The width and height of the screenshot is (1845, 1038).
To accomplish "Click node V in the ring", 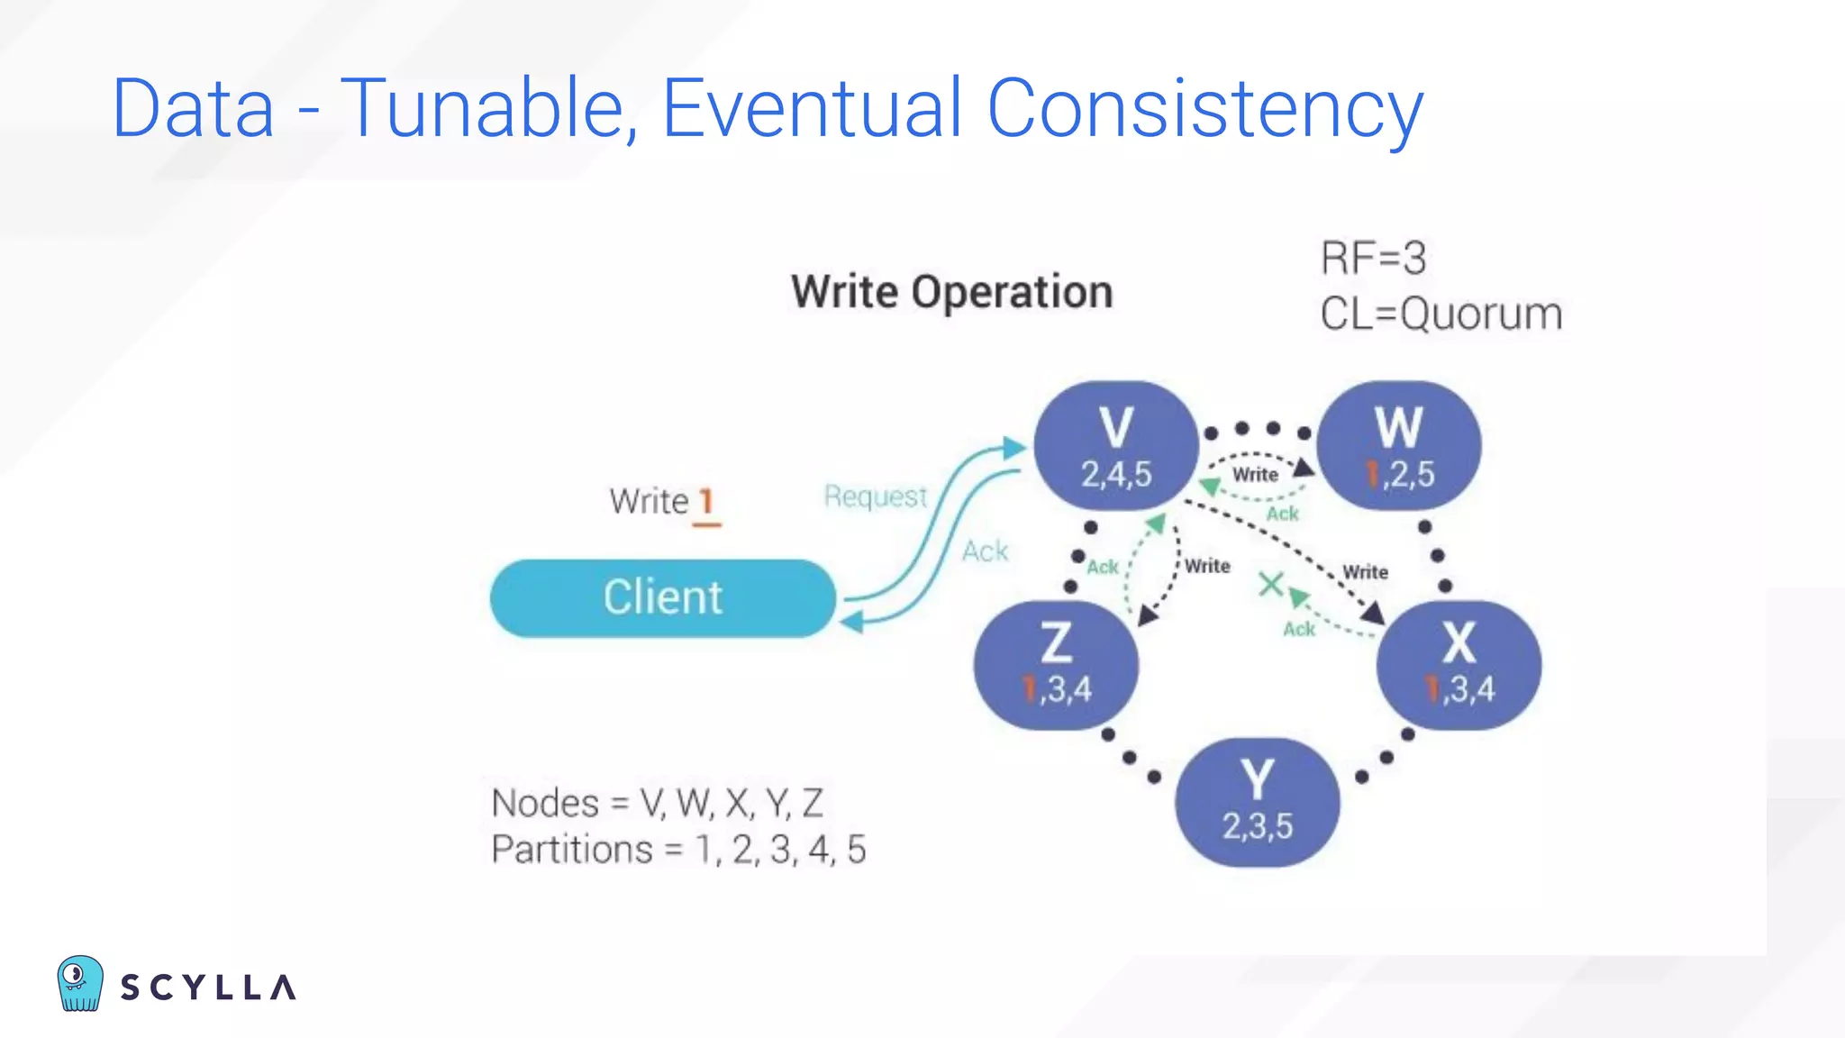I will click(x=1115, y=445).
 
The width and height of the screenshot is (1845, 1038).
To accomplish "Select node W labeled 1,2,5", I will click(x=1398, y=445).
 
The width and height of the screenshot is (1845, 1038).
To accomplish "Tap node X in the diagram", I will click(x=1459, y=664).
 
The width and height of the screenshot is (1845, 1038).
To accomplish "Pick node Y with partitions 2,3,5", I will click(x=1257, y=802).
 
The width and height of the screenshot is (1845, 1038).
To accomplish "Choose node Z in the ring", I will click(x=1056, y=664).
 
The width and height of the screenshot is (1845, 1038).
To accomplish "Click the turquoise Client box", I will click(x=662, y=597).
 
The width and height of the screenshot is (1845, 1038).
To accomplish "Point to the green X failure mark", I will click(x=1270, y=585).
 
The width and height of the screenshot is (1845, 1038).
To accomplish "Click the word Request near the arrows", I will click(x=875, y=496).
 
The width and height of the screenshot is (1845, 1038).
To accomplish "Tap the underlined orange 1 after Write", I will click(x=706, y=502).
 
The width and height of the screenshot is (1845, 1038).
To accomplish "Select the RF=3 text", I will click(x=1373, y=259).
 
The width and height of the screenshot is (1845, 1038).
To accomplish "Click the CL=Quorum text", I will click(x=1441, y=314).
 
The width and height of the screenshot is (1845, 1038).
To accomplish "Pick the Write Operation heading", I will click(x=951, y=292).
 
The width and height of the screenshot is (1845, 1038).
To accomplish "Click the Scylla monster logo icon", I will click(x=79, y=984).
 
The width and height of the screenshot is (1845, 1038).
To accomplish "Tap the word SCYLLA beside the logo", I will click(x=208, y=988).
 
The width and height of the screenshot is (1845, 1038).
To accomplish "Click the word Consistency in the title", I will click(x=1204, y=108).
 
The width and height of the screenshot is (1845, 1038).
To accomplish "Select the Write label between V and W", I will click(x=1255, y=475).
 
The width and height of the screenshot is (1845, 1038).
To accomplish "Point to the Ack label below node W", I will click(x=1282, y=514).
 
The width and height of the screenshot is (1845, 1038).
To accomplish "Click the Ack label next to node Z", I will click(x=1102, y=567).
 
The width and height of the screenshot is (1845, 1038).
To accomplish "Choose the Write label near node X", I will click(x=1365, y=572).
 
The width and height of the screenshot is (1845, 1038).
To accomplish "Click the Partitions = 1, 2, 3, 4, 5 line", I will click(x=678, y=850).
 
